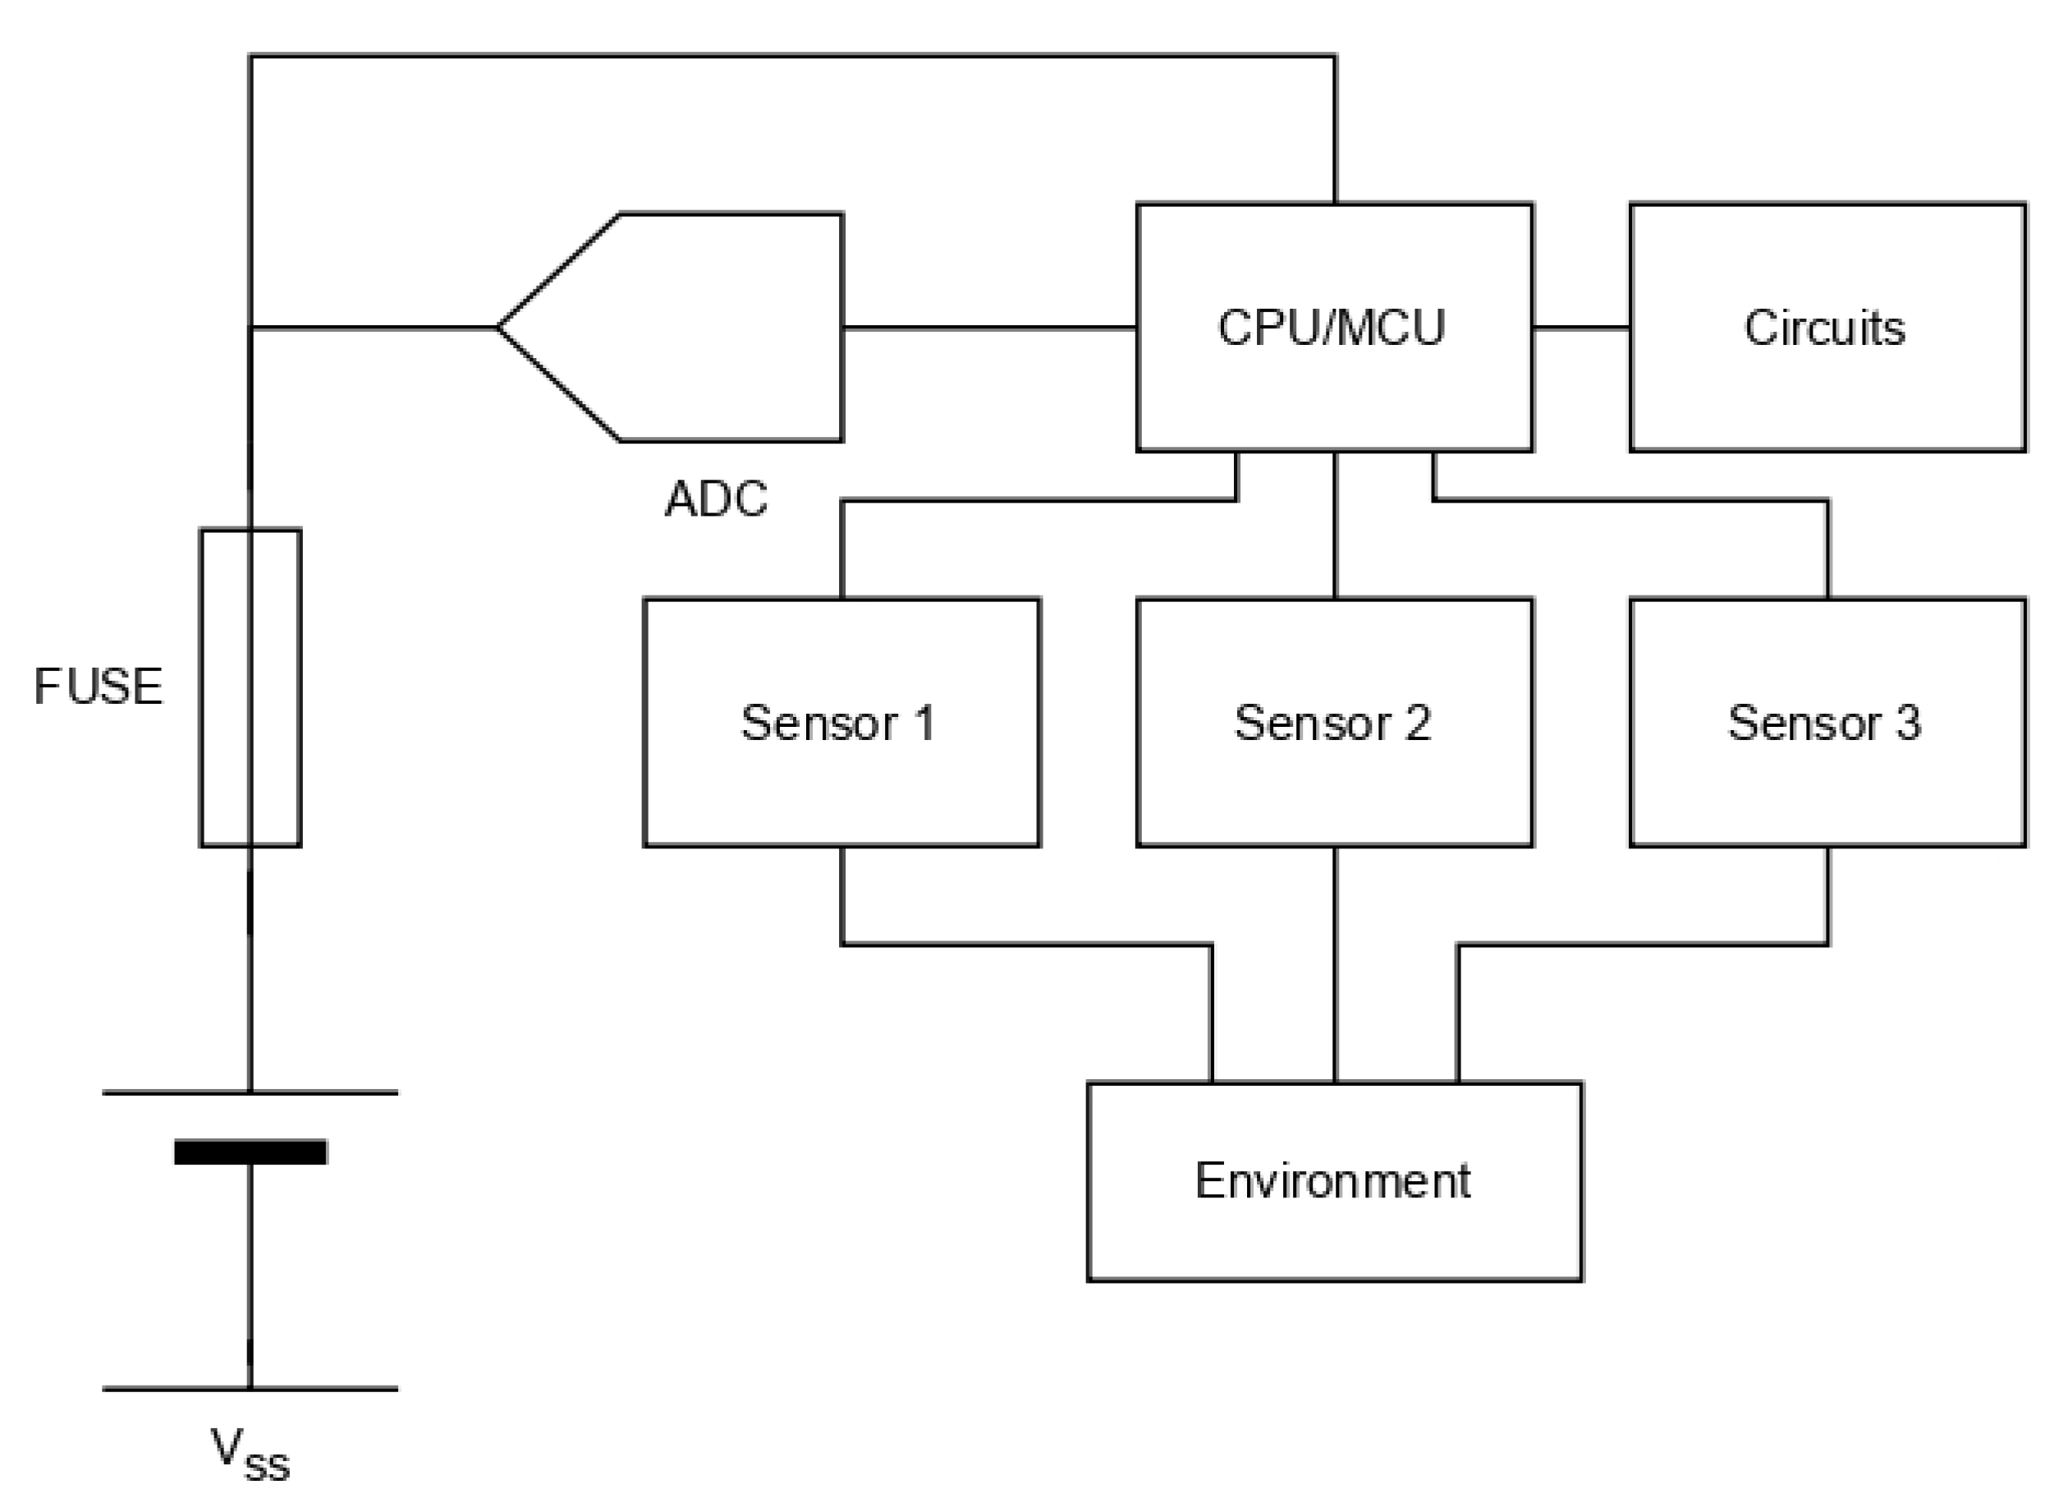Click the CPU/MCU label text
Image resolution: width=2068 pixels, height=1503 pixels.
tap(1332, 328)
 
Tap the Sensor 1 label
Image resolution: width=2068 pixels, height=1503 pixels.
tap(838, 724)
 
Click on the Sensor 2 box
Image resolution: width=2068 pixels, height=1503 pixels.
tap(1334, 775)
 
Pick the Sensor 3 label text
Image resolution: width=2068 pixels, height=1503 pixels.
tap(1824, 724)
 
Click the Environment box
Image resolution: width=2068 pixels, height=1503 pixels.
tap(1334, 1222)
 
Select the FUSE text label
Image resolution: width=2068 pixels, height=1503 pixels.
tap(98, 686)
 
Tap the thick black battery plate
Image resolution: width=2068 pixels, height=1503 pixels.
tap(250, 1151)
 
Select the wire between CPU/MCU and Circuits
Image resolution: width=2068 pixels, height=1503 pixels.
tap(1581, 327)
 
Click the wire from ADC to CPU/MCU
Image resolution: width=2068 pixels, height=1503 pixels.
tap(989, 327)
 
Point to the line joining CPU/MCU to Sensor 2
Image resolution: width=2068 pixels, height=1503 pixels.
tap(1335, 526)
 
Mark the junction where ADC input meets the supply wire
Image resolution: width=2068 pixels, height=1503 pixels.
tap(250, 327)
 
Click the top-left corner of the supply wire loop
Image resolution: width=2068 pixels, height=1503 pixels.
tap(250, 57)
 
